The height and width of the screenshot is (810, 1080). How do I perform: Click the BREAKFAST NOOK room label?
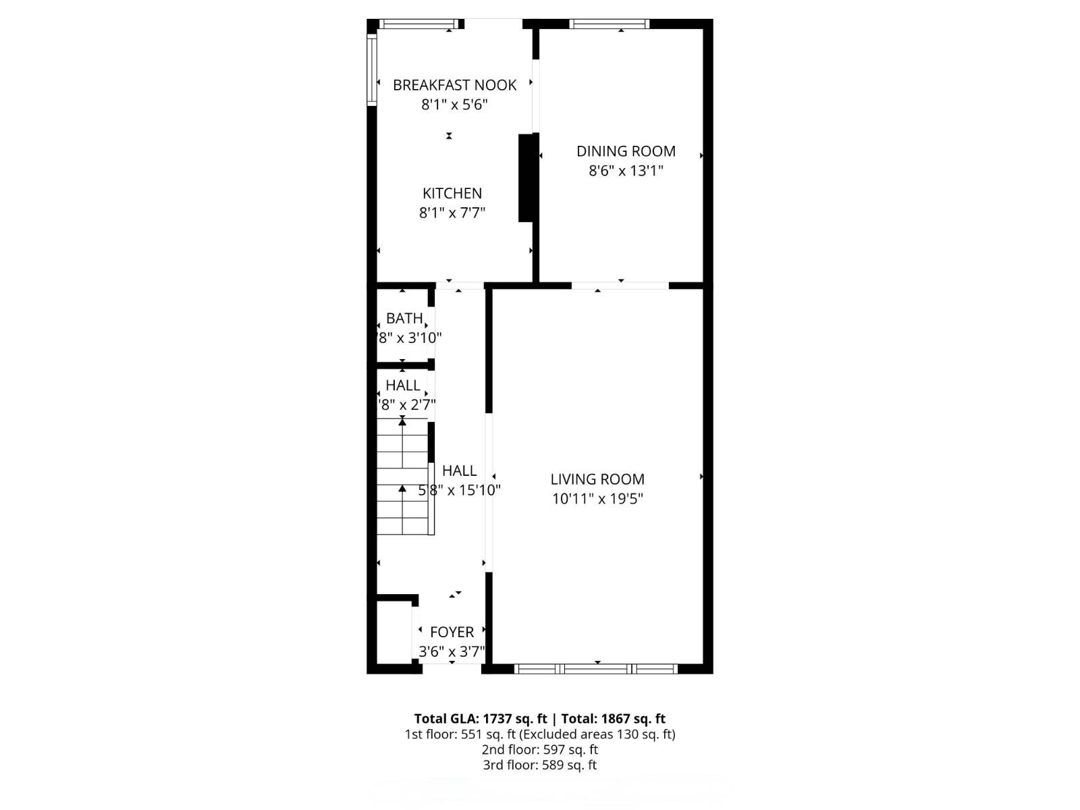454,85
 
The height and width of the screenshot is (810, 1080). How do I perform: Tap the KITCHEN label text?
452,193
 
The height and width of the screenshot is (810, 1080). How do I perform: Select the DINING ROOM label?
626,151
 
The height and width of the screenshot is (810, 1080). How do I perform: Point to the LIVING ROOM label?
597,479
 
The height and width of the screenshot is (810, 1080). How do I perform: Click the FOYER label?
452,632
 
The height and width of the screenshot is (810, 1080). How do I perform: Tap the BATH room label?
404,318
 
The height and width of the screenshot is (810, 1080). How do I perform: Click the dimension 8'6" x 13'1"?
626,171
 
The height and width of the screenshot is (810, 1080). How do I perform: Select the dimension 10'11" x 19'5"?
597,499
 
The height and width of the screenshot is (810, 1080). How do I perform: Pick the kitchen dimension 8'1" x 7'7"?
452,213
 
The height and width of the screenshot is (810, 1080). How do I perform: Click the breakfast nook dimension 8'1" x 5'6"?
454,105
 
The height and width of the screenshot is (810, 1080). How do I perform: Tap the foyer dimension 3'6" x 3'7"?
452,651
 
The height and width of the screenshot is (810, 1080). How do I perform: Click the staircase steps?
402,477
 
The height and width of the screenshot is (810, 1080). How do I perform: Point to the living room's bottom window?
596,669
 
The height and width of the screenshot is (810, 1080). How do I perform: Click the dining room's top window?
609,24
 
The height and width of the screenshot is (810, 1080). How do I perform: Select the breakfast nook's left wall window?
371,70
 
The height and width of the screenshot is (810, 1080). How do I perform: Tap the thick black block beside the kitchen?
526,178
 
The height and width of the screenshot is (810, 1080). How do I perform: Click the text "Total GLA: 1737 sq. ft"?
481,719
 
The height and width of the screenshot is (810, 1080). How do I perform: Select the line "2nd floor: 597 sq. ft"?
540,750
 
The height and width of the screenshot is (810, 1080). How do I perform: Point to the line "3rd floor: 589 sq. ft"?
540,765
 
